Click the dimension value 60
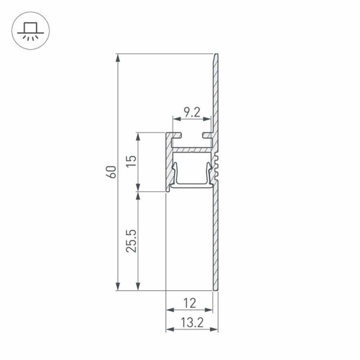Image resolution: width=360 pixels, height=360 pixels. coord(112,172)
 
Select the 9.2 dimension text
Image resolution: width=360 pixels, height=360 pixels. coord(192,112)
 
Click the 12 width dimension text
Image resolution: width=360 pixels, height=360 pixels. coord(189,303)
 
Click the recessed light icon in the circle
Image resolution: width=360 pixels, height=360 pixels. coord(30,32)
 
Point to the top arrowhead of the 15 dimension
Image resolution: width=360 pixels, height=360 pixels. coord(138,136)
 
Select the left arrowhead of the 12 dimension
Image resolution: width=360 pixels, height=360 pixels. coord(169,310)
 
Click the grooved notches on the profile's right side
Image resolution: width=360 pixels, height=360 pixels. coord(217,167)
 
